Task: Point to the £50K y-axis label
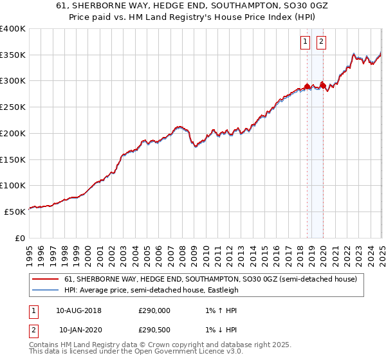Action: click(15, 211)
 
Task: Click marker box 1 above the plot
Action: click(305, 42)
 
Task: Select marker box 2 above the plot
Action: click(320, 42)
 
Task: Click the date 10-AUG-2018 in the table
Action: click(78, 310)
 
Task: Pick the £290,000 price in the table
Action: click(154, 310)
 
